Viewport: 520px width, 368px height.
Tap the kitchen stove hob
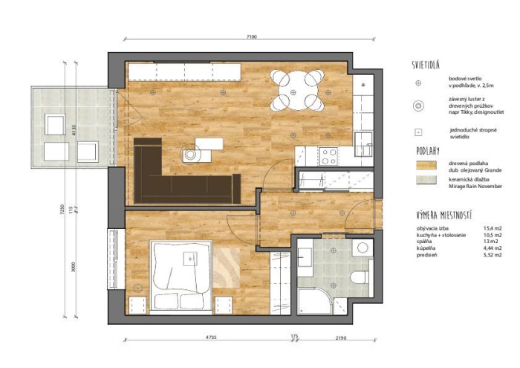tap(328, 156)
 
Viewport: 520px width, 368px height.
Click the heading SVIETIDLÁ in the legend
tap(428, 64)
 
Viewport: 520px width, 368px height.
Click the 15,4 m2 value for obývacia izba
tap(493, 227)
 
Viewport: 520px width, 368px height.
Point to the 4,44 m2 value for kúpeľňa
tap(493, 248)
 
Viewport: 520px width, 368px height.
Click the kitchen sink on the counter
tap(363, 139)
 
